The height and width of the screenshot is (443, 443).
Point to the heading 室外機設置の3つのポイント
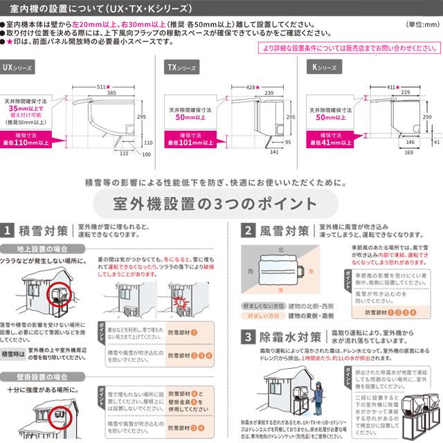221,204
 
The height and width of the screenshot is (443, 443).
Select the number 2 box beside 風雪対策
247,230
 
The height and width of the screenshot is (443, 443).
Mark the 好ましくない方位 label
261,305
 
